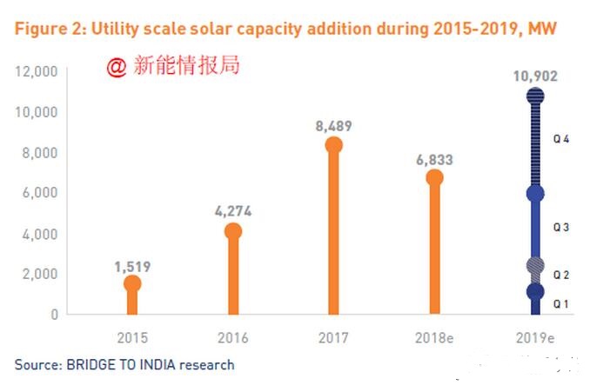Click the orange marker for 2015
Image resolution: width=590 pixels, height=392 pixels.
click(132, 283)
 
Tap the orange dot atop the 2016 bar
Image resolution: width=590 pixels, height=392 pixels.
click(232, 231)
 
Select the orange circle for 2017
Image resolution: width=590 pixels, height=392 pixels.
click(333, 145)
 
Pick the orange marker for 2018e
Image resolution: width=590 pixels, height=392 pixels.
click(434, 178)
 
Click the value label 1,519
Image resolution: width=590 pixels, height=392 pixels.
click(132, 266)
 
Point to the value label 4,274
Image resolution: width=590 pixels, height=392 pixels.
click(232, 212)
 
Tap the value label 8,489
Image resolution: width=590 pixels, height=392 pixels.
click(333, 126)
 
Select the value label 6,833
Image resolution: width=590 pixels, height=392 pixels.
click(434, 160)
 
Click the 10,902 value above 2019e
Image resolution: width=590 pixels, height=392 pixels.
click(535, 76)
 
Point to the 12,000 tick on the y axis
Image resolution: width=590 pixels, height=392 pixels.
click(37, 71)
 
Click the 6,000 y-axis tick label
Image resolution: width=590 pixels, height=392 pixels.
click(40, 192)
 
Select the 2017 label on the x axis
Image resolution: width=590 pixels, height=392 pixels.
click(333, 337)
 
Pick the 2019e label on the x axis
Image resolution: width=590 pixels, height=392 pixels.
click(535, 337)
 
